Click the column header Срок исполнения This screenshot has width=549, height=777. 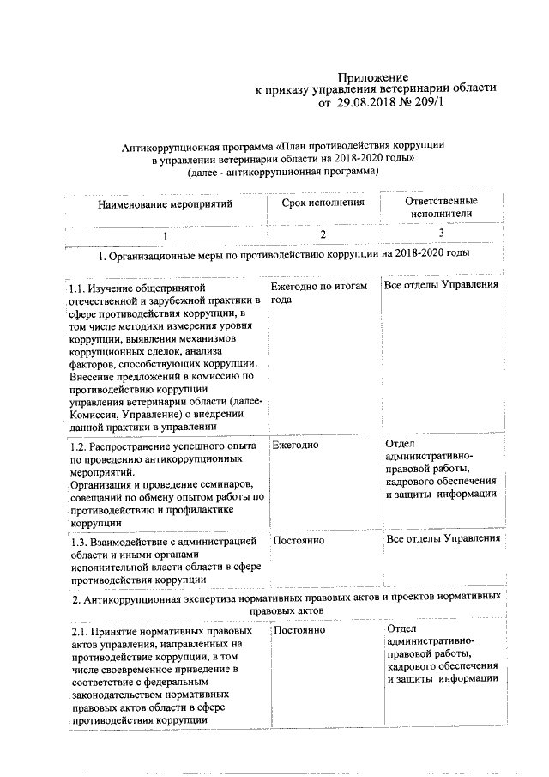323,203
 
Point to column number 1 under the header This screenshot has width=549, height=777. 166,235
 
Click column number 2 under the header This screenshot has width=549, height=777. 323,234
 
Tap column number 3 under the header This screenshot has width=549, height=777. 441,233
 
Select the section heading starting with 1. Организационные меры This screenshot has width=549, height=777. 284,255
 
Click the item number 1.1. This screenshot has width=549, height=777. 80,288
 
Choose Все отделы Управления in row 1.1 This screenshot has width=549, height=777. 442,285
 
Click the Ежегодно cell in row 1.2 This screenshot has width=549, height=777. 296,446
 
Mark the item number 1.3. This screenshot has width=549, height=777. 80,541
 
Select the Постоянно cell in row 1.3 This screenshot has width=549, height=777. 299,541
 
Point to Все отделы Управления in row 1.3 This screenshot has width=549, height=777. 443,538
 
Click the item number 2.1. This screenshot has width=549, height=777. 80,632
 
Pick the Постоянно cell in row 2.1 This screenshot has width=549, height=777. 299,631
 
